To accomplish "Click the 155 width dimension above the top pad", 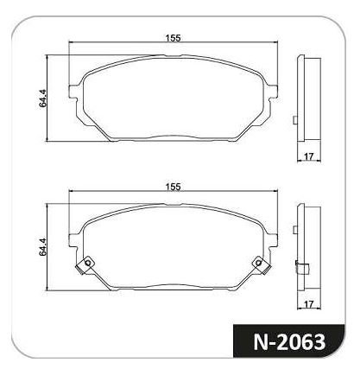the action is pos(173,38).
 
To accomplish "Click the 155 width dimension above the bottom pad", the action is pos(173,187).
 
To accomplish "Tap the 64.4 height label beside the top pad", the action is pos(42,99).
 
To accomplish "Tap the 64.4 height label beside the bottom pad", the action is pos(42,247).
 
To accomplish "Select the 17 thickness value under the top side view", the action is pos(308,156).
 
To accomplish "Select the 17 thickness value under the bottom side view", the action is pos(308,304).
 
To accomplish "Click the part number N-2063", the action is pos(289,341).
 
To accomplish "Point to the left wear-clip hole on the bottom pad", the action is pos(88,263).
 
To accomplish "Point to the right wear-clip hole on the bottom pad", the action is pos(258,263).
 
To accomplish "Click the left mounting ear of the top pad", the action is pos(73,92).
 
